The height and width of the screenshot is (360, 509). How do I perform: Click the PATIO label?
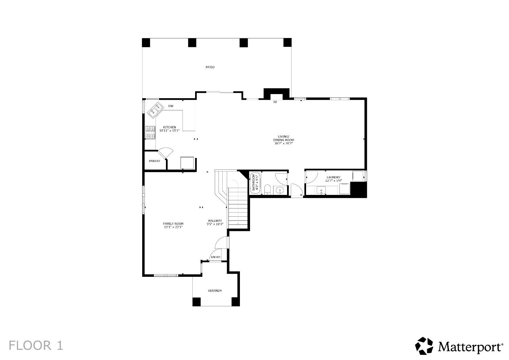pos(210,67)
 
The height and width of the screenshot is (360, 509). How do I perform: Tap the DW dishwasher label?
pos(171,106)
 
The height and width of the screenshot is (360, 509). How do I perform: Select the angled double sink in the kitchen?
pos(155,109)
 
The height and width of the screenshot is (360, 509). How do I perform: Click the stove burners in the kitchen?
pos(150,133)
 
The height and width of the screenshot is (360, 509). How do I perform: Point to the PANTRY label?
pos(154,161)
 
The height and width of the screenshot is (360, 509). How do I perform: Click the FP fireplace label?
pos(275,102)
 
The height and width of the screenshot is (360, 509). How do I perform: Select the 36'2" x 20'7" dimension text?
pos(283,144)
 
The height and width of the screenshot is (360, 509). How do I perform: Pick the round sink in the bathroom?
pos(280,190)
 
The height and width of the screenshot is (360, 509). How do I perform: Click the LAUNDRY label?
pos(333,177)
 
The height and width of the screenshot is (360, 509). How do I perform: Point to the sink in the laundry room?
pos(321,191)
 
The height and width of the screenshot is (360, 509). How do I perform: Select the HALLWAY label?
pos(215,220)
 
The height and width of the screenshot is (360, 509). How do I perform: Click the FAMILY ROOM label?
pos(173,223)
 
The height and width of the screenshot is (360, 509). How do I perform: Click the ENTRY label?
pos(215,257)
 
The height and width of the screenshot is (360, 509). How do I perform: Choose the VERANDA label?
pos(215,291)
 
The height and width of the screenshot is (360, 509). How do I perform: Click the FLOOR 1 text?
pos(36,346)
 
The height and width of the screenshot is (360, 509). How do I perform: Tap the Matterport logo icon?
pos(424,346)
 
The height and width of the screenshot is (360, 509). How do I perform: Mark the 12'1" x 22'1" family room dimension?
pos(173,227)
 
